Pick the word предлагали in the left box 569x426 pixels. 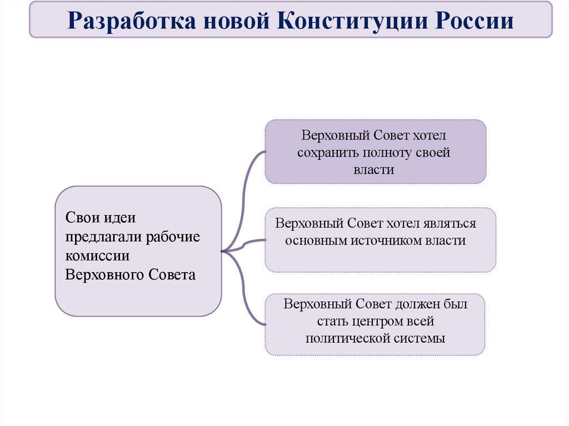coord(103,237)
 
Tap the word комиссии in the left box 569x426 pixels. coord(97,256)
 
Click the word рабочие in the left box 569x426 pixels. coord(173,237)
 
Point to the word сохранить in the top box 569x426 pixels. coord(327,153)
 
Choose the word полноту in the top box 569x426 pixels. coord(388,153)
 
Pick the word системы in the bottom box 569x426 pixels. coord(423,338)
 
